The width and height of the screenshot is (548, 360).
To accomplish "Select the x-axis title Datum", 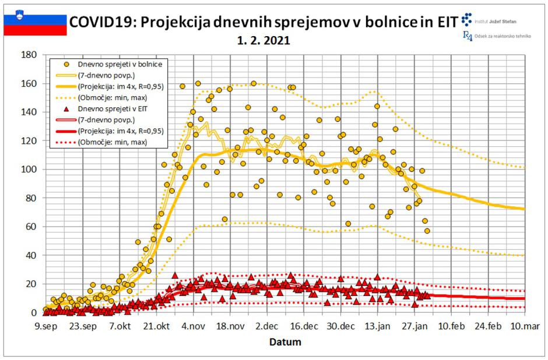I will pos(285,342).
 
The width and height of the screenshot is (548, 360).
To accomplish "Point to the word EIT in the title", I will pos(442,22).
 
